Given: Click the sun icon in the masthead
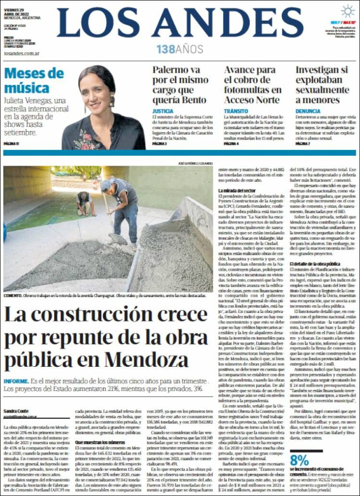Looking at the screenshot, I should pos(347,11).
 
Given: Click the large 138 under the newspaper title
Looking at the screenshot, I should pos(166,49).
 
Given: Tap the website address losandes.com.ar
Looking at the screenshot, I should pos(21,54).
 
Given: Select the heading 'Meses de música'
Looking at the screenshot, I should pos(34,81).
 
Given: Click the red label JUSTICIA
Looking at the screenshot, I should pos(163,111).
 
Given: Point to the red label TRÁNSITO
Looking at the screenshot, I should pos(236,111).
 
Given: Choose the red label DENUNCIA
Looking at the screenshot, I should pos(308,111).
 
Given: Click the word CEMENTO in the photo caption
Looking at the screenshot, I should pos(12,296).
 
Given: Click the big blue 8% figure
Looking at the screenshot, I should pos(299,460).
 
